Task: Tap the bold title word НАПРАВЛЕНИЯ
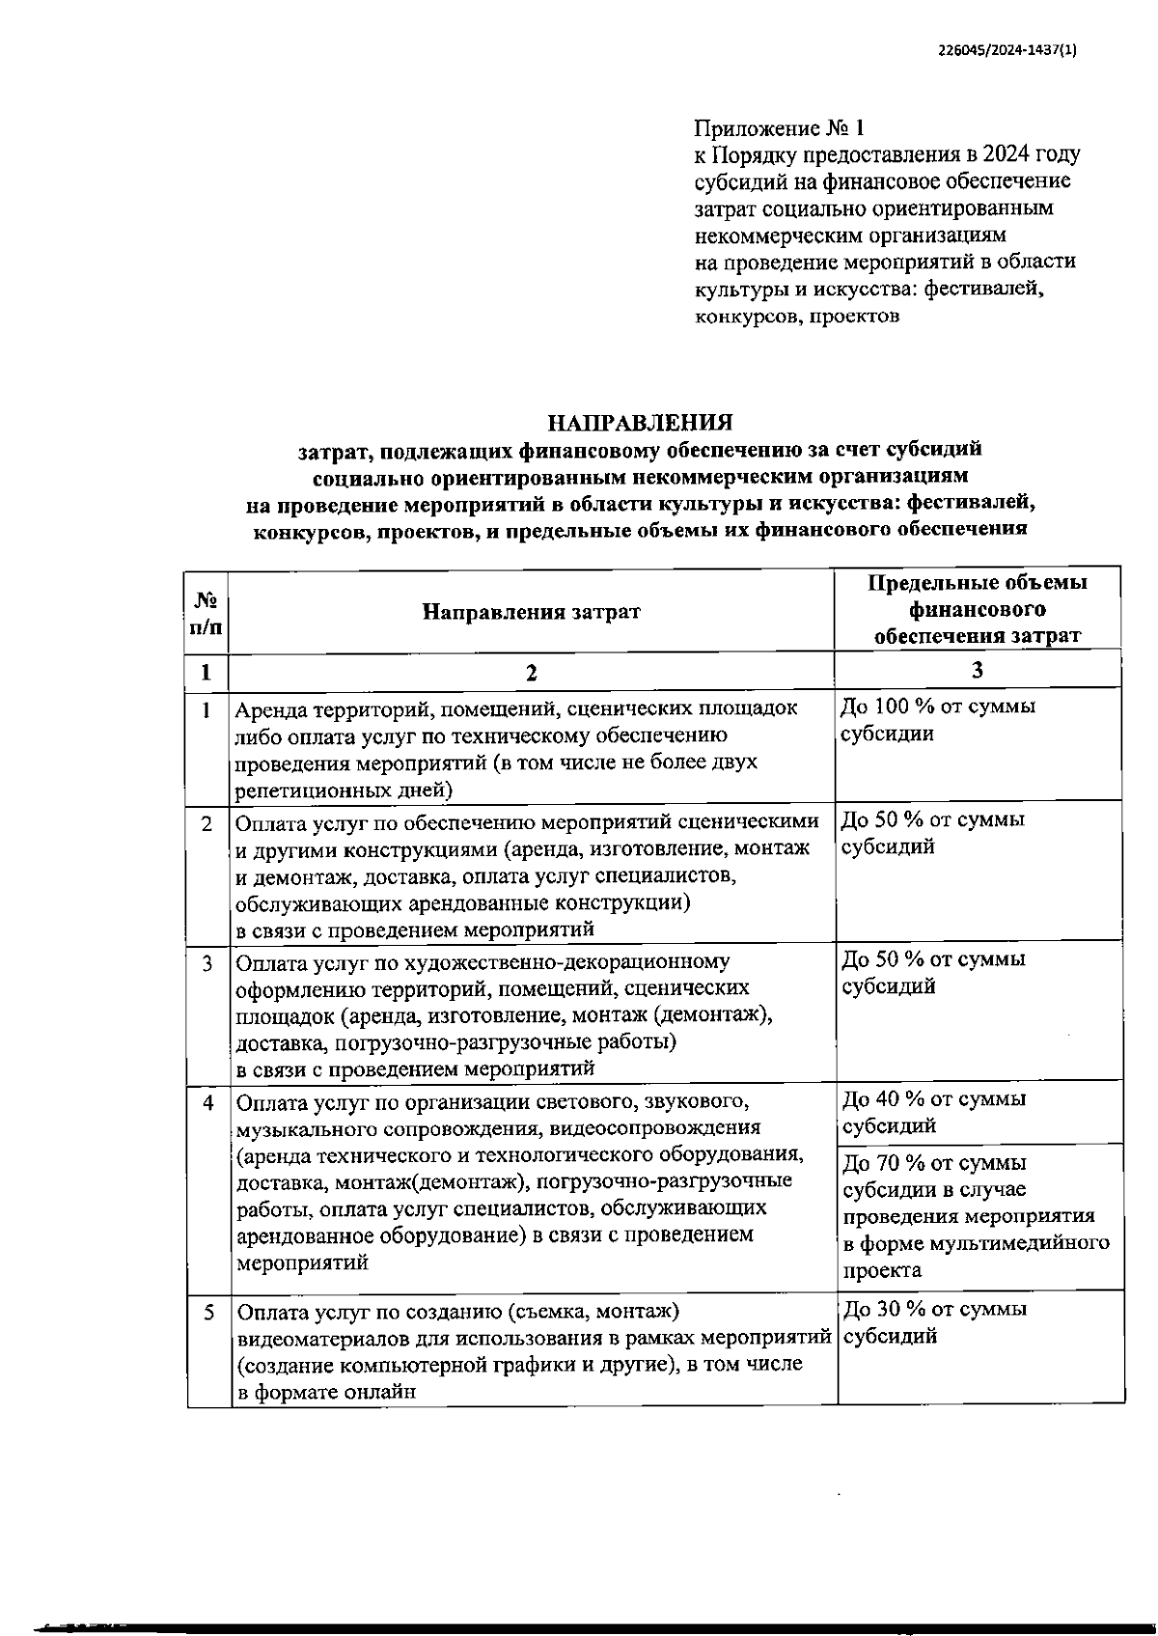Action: point(640,423)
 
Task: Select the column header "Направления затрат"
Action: point(531,612)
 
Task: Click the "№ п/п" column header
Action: point(207,612)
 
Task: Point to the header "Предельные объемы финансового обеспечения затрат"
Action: point(977,609)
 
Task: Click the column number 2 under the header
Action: point(531,673)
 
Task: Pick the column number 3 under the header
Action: point(977,671)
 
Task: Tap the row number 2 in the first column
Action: point(207,823)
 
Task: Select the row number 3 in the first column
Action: point(207,963)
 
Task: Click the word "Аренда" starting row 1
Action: point(269,708)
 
